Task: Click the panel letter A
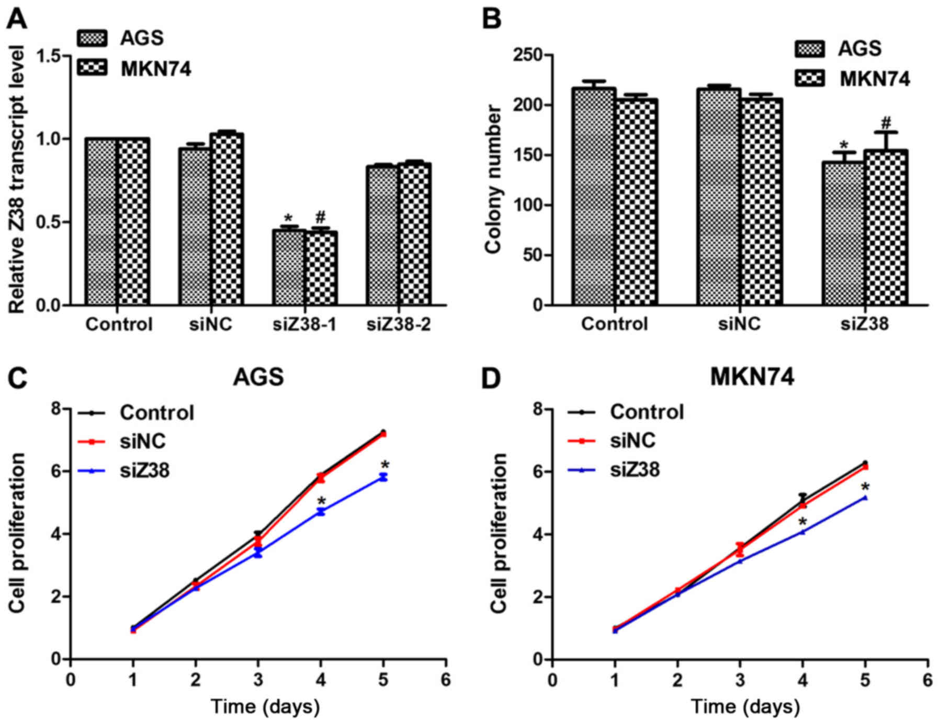tap(17, 19)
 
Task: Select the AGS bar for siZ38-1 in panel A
tap(288, 267)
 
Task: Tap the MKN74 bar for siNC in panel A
tap(227, 220)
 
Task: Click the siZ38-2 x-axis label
tap(399, 325)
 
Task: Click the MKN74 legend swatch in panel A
tap(92, 69)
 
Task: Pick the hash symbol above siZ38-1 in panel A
tap(321, 217)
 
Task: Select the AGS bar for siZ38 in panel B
tap(843, 233)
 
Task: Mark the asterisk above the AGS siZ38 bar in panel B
tap(843, 145)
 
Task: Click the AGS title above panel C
tap(258, 377)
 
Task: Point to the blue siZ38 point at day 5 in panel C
tap(383, 477)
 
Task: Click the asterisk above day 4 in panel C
tap(321, 501)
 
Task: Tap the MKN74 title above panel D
tap(752, 377)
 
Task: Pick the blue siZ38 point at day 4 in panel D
tap(802, 532)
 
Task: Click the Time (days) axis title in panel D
tap(745, 707)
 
